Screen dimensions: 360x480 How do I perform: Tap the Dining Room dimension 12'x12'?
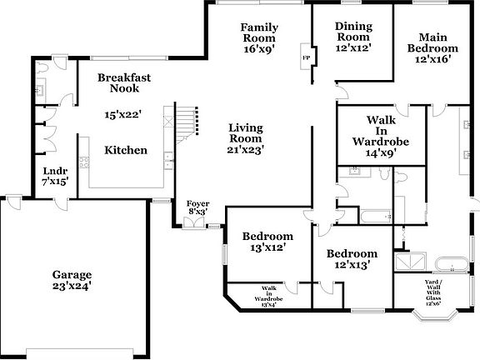[x=353, y=48]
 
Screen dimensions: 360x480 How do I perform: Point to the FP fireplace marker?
[x=306, y=57]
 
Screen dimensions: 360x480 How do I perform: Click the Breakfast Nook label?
[x=123, y=82]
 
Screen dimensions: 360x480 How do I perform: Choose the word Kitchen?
[x=126, y=151]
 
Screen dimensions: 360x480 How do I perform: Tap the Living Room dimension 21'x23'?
[x=247, y=151]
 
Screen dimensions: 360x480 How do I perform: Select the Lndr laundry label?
[x=55, y=175]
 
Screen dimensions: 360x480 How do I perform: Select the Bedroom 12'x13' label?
[x=351, y=259]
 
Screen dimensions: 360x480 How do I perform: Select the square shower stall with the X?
[x=410, y=262]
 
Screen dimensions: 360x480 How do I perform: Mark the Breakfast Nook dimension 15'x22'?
[x=122, y=114]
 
